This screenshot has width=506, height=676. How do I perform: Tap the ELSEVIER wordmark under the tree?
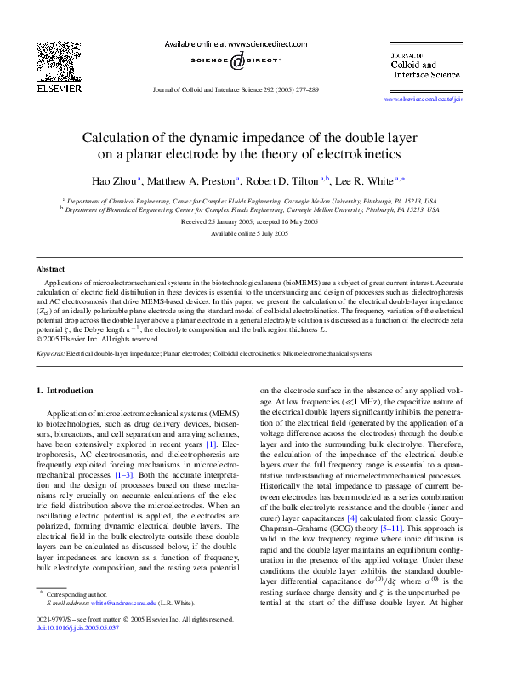(x=58, y=87)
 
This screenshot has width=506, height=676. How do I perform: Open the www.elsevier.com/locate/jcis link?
(x=424, y=100)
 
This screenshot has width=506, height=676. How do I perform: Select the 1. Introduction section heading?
(x=65, y=391)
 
